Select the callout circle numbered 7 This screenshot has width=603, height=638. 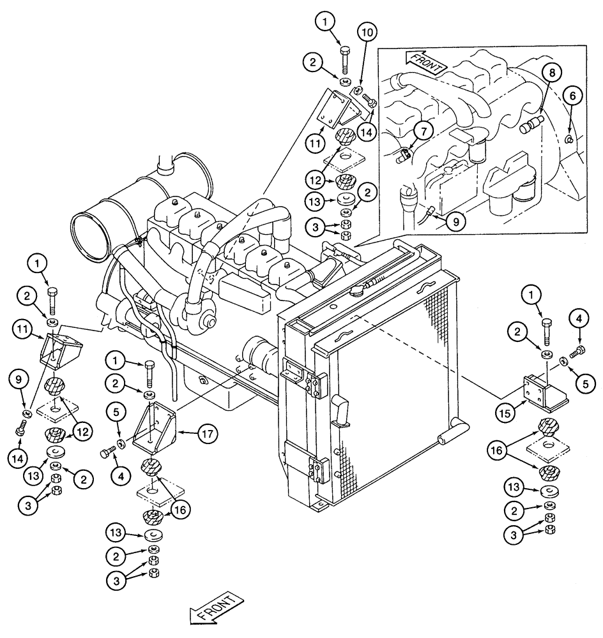pos(423,131)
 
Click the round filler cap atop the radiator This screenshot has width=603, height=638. pos(355,291)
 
